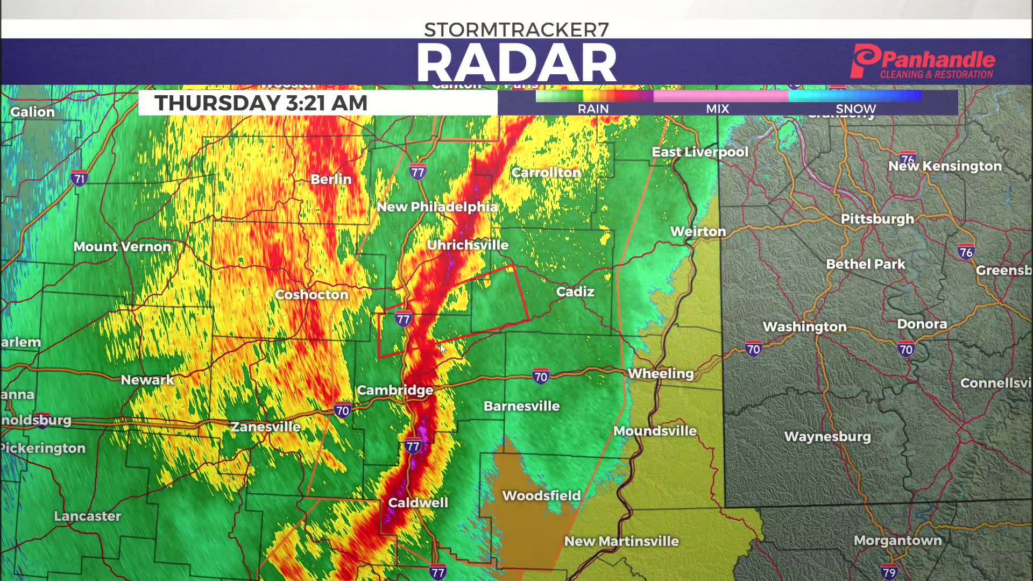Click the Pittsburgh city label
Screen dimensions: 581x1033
pos(877,219)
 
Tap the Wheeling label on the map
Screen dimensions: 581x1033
pos(661,373)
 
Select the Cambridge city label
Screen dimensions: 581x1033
pos(395,390)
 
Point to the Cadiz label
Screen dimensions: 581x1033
pos(575,292)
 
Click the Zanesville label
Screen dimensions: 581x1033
pos(265,427)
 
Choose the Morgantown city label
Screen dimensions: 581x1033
pos(897,540)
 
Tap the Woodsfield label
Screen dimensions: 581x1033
pos(541,495)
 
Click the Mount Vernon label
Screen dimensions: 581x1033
pos(122,246)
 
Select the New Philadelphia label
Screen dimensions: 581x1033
pos(437,207)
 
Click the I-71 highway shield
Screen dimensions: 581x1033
pos(80,178)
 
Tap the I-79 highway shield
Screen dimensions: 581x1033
pos(889,572)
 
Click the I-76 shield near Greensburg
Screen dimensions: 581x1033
pos(966,252)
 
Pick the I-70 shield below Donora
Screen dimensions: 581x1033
pos(906,349)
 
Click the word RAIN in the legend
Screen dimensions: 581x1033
pos(593,109)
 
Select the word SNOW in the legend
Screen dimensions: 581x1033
pos(855,109)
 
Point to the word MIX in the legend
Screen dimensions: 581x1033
pos(717,109)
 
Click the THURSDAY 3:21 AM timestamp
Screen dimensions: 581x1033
pos(261,103)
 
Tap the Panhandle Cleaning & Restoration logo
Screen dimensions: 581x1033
pos(922,62)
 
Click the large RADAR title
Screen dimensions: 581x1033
pos(516,63)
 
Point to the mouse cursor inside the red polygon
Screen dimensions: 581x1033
pos(443,349)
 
